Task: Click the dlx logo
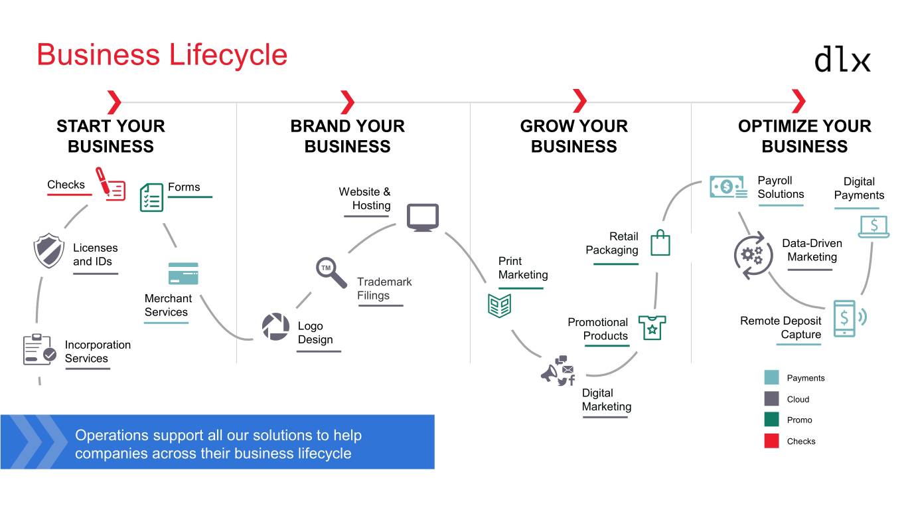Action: point(842,58)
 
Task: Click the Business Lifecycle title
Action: point(162,54)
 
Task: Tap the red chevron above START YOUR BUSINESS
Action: point(114,102)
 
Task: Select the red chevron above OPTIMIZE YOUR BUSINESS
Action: point(799,102)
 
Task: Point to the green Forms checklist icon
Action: point(151,198)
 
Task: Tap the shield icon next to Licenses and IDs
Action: point(48,251)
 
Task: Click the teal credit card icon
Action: point(183,274)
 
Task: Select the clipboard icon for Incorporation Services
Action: point(39,350)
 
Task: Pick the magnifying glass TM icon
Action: point(331,272)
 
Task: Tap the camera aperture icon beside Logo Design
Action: point(275,327)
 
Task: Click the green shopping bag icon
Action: point(660,243)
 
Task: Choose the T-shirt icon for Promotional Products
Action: point(652,327)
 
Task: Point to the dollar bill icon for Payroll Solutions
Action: point(727,187)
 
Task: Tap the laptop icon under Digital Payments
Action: point(873,226)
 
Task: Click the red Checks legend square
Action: point(771,441)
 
